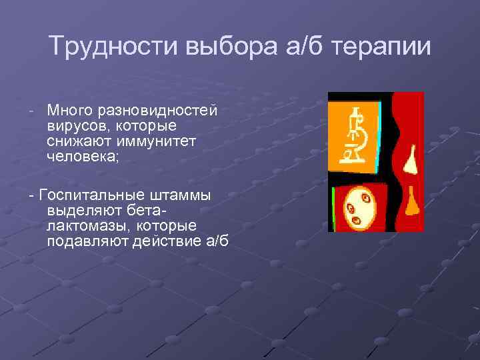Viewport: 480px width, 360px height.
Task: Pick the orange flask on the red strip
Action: tap(413, 200)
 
